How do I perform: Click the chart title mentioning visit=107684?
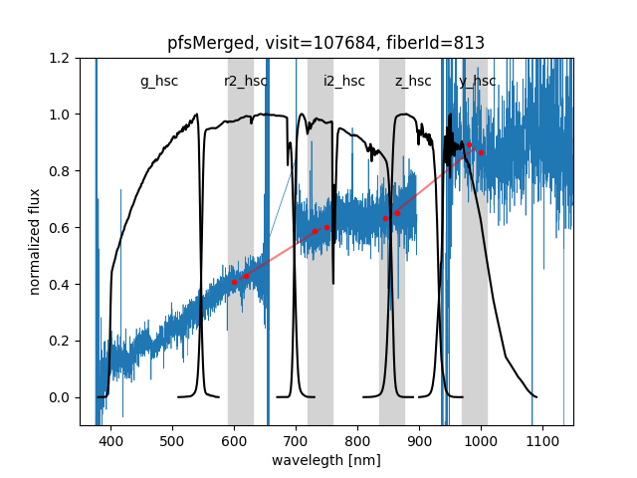pos(325,43)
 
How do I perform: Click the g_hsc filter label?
pos(159,82)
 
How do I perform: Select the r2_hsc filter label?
pos(246,82)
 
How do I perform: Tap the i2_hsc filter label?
pos(344,82)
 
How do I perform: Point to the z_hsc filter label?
pos(413,82)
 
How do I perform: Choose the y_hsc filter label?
pos(478,82)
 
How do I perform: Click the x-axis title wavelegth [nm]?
pos(325,461)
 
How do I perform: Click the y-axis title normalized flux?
pos(35,241)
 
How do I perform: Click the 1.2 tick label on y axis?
pos(61,58)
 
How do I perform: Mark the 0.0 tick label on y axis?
pos(61,397)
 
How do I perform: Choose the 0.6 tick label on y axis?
pos(61,228)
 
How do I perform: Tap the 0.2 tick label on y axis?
pos(61,341)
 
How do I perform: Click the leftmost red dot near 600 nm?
pos(234,283)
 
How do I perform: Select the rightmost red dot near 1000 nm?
pos(481,152)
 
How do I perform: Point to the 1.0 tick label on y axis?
pos(61,115)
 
